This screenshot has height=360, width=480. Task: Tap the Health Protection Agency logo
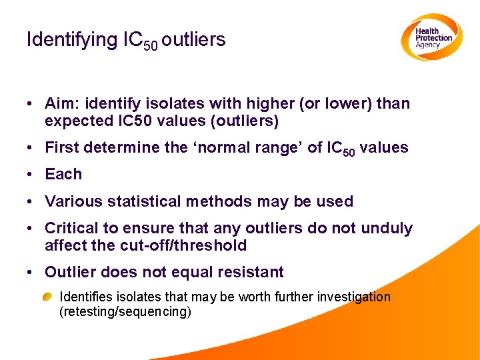click(431, 37)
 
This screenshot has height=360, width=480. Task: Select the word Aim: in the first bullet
click(61, 103)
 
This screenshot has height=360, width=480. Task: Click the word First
click(61, 147)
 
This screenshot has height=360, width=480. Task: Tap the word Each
click(63, 174)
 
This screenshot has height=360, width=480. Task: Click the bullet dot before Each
click(31, 175)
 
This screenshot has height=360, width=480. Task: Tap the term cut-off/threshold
click(183, 245)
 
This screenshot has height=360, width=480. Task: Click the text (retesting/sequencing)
click(125, 311)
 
